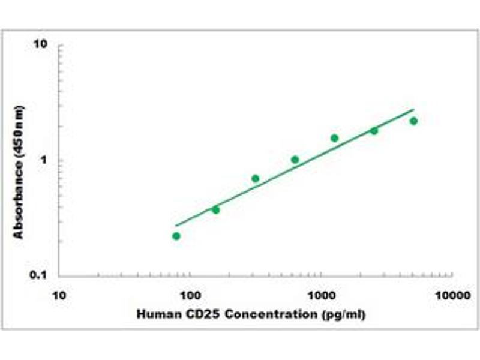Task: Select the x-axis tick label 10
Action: (x=58, y=295)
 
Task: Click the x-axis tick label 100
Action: (x=190, y=295)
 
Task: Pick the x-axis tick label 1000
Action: (x=321, y=295)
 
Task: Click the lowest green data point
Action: (x=176, y=236)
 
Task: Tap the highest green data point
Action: (x=413, y=121)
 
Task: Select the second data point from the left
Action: (x=216, y=209)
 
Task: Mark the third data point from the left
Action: (x=256, y=178)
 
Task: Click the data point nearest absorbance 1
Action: (x=295, y=160)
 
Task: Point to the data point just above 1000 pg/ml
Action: (x=334, y=138)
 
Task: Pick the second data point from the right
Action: (x=374, y=131)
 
